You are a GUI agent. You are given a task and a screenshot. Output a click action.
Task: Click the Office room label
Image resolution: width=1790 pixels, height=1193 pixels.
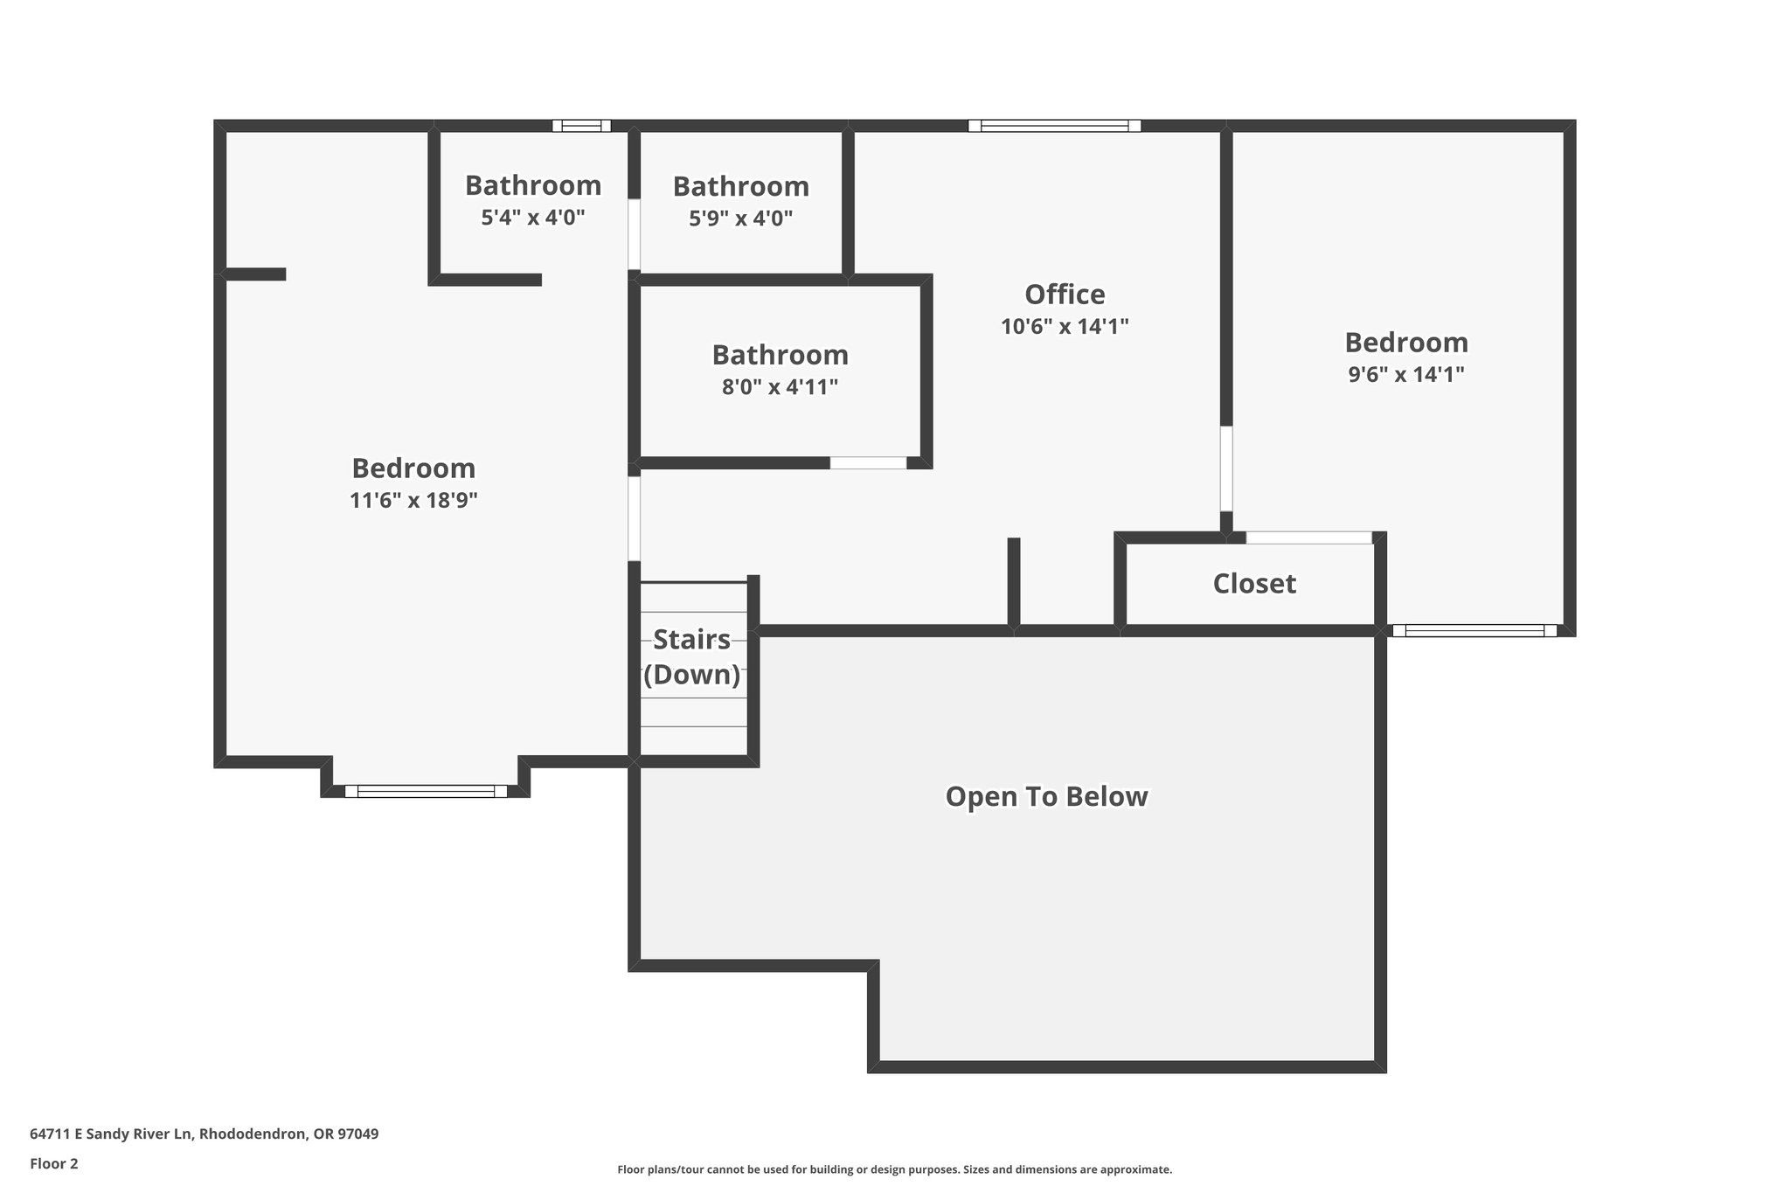(x=1064, y=294)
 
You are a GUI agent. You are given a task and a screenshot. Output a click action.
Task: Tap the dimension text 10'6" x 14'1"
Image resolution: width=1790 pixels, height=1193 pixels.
(x=1064, y=327)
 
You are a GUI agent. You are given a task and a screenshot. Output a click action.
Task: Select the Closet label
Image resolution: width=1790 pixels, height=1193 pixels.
(x=1253, y=584)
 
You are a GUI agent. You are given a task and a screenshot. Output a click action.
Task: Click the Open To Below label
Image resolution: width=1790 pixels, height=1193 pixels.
(x=1046, y=797)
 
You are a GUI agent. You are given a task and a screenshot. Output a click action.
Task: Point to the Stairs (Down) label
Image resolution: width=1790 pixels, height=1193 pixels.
(x=691, y=657)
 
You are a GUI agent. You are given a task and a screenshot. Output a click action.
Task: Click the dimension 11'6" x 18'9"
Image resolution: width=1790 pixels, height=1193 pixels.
(x=413, y=501)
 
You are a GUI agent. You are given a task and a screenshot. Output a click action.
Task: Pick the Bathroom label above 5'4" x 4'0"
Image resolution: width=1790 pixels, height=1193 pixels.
(x=532, y=185)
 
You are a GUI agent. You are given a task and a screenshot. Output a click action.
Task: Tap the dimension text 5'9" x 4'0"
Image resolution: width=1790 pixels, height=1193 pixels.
(x=740, y=218)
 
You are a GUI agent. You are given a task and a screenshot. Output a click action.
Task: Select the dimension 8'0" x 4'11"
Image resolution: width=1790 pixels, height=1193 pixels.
(x=780, y=387)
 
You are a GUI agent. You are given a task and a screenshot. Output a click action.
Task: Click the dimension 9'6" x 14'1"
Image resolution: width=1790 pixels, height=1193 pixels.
(x=1405, y=375)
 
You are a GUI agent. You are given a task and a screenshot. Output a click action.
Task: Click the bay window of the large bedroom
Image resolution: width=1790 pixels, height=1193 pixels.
(x=426, y=791)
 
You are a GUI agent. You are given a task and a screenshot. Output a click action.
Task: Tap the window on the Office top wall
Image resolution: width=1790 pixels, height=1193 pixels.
(x=1054, y=126)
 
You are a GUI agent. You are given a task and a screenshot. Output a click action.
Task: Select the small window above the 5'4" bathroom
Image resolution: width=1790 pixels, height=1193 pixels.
(x=581, y=126)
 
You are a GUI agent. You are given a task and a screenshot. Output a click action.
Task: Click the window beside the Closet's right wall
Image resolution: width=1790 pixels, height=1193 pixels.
(x=1474, y=630)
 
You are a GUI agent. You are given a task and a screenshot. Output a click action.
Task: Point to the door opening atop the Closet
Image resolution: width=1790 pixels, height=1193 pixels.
(x=1308, y=538)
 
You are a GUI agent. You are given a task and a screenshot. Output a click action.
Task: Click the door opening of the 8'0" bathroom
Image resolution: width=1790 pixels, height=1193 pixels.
(x=868, y=462)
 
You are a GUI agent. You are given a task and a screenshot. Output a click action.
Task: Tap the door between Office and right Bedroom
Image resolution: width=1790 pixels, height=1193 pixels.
(x=1226, y=468)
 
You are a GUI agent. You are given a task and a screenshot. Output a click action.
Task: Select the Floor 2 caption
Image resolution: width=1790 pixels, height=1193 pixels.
(x=54, y=1163)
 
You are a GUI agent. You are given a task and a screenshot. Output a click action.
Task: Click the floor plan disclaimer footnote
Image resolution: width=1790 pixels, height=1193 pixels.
(x=894, y=1169)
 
